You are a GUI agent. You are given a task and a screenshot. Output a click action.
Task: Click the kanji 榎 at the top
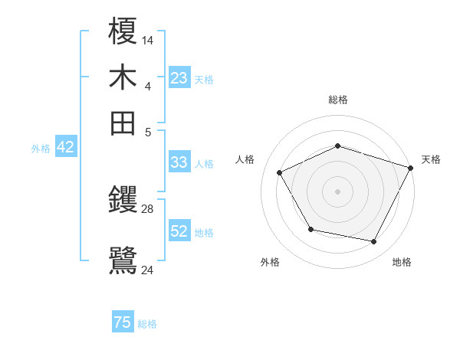coord(123,32)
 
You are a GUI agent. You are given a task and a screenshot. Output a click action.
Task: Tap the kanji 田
coord(123,123)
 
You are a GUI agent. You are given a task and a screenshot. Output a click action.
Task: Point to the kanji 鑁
coord(123,201)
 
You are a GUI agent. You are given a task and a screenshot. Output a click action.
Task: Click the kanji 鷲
coord(123,259)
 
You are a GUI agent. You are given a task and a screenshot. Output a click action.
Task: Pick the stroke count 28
coord(148,208)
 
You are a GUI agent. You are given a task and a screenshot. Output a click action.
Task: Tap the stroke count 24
coord(148,269)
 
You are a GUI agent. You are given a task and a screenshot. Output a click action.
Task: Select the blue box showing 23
coord(179,78)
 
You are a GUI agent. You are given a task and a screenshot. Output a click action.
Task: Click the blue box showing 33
coord(179,162)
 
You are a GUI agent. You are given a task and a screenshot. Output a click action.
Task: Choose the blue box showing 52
coord(179,231)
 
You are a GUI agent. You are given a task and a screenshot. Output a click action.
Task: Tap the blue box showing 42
coord(65,148)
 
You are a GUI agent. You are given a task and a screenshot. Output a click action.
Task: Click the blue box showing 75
coord(123,322)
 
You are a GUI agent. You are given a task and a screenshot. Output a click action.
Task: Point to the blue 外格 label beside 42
coord(41,149)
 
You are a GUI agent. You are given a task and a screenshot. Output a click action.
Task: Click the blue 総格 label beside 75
coord(147,324)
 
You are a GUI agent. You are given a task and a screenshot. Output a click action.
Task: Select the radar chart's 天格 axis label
coord(431,159)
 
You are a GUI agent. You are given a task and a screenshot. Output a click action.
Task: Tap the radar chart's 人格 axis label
coord(245,159)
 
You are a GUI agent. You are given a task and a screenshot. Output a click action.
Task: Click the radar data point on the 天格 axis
coord(412,167)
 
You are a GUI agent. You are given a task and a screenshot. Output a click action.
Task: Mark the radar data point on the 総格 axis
coord(337,146)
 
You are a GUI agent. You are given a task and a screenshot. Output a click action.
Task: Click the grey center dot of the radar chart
coord(337,191)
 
